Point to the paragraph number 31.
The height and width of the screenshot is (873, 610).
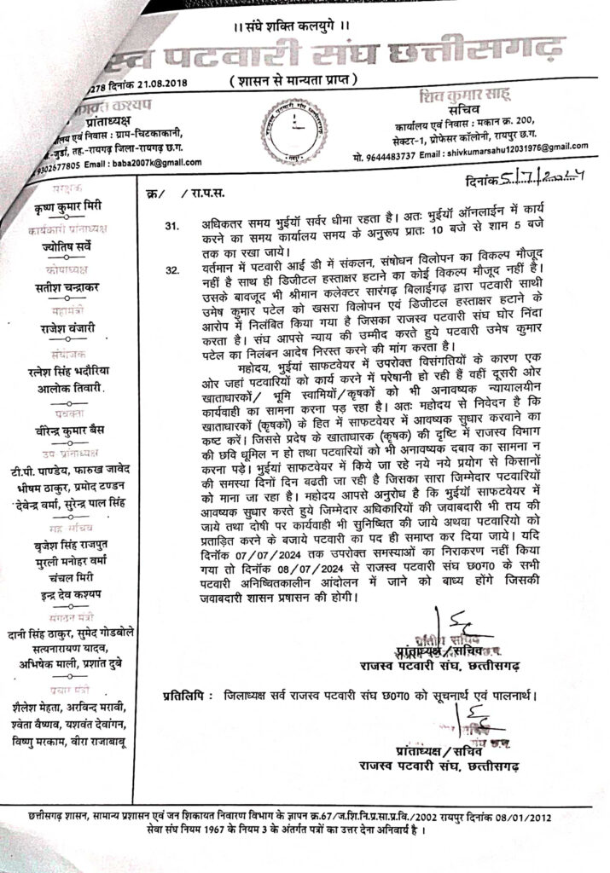[172, 228]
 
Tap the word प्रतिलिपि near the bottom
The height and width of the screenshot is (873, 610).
[186, 697]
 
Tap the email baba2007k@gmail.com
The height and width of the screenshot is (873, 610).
[156, 163]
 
